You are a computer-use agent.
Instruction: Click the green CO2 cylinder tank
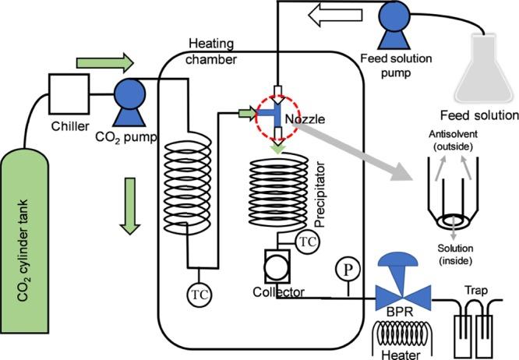point(24,241)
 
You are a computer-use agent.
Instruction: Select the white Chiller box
point(69,94)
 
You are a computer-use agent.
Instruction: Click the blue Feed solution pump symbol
point(394,25)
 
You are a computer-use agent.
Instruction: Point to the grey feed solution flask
point(485,69)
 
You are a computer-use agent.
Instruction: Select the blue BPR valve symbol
point(402,282)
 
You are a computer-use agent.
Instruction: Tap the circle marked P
point(348,270)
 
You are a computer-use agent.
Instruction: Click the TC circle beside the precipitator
point(308,242)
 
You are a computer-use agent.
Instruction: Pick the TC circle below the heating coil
point(199,295)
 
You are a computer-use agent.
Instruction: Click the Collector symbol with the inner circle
point(277,266)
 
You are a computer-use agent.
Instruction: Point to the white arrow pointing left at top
point(335,15)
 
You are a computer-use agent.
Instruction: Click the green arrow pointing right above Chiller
point(105,62)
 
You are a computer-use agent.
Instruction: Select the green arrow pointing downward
point(129,206)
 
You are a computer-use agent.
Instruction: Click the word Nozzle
point(305,119)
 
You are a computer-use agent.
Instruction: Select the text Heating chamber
point(211,51)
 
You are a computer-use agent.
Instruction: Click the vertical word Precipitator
point(320,195)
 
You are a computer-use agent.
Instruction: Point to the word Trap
point(476,291)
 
